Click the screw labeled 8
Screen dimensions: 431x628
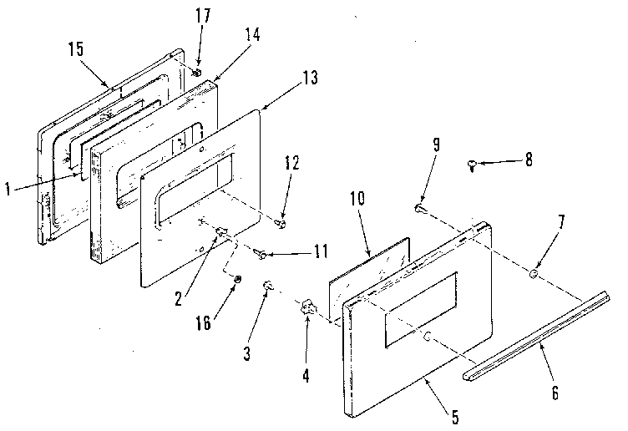point(474,166)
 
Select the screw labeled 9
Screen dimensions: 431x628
point(421,208)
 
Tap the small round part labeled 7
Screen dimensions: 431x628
point(534,271)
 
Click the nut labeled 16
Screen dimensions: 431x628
point(237,279)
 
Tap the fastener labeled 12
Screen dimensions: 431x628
point(282,223)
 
